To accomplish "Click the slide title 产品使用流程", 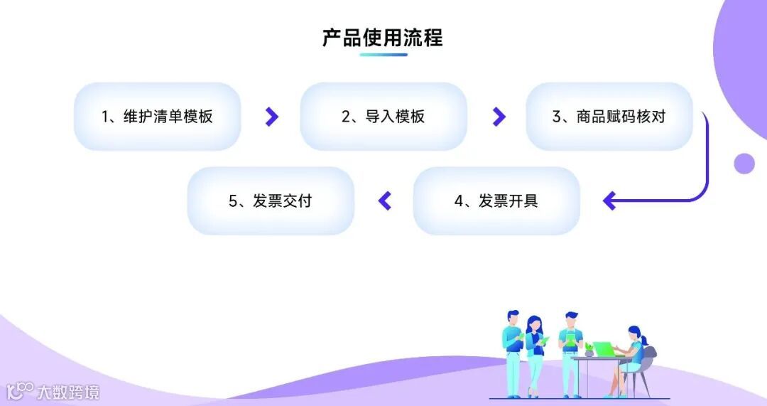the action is pyautogui.click(x=383, y=38).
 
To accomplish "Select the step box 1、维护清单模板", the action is pyautogui.click(x=158, y=117).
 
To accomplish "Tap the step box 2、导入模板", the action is pyautogui.click(x=383, y=117).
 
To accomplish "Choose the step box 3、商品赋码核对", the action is pyautogui.click(x=609, y=117).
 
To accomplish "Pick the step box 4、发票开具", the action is pyautogui.click(x=496, y=201).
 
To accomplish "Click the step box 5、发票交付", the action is pyautogui.click(x=271, y=201).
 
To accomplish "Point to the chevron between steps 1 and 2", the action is pyautogui.click(x=271, y=117).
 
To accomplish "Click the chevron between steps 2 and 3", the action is pyautogui.click(x=499, y=117).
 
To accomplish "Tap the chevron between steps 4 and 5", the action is pyautogui.click(x=385, y=201).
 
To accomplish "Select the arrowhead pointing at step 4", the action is pyautogui.click(x=609, y=201).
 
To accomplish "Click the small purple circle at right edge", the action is pyautogui.click(x=744, y=164).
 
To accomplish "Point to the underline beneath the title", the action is pyautogui.click(x=383, y=55).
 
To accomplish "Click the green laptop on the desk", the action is pyautogui.click(x=604, y=349).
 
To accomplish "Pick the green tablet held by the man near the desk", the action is pyautogui.click(x=570, y=342).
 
